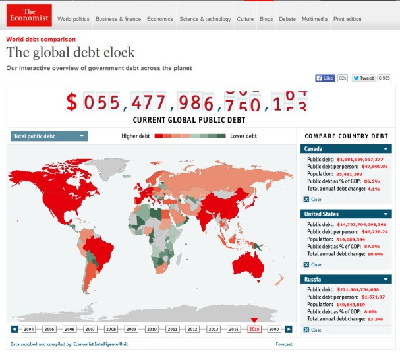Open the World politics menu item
[74, 19]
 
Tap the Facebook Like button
[326, 78]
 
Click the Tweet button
[364, 78]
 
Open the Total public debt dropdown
[49, 136]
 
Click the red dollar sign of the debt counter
[72, 102]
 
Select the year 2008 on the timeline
[111, 328]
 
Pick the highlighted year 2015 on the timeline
[254, 328]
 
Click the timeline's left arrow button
[14, 328]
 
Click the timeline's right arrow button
[289, 328]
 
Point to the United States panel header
[346, 214]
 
